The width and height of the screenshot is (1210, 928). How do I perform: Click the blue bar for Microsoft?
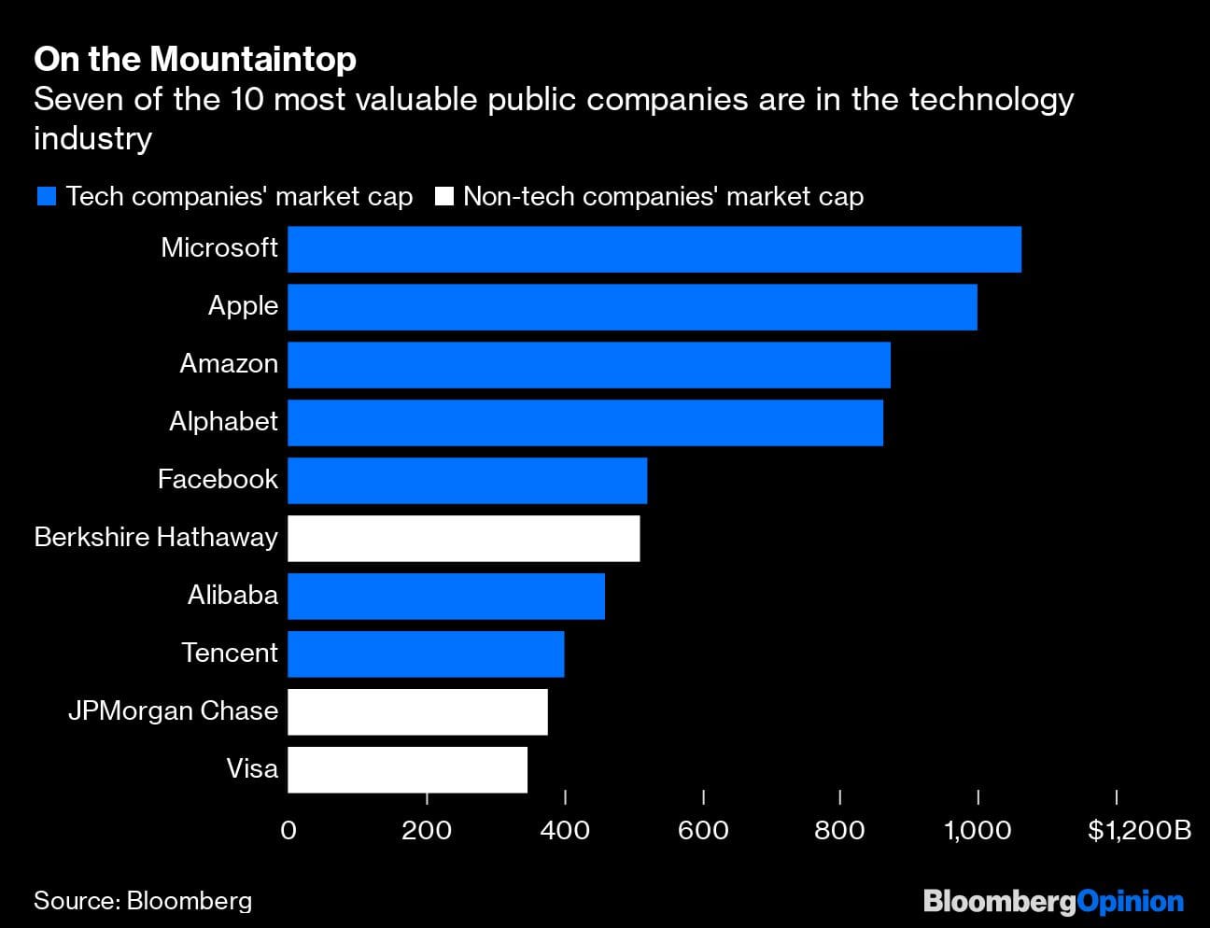pyautogui.click(x=654, y=249)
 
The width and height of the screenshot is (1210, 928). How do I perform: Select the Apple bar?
pyautogui.click(x=632, y=307)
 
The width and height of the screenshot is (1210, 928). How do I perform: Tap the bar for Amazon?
pyautogui.click(x=588, y=365)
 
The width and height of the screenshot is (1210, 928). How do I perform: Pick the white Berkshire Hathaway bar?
pyautogui.click(x=463, y=539)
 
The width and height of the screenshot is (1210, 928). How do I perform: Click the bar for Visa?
pyautogui.click(x=407, y=770)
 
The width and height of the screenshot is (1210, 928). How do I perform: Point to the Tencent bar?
pyautogui.click(x=426, y=654)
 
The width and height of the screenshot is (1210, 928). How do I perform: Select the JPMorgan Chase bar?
pyautogui.click(x=417, y=712)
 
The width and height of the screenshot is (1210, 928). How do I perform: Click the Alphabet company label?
pyautogui.click(x=223, y=422)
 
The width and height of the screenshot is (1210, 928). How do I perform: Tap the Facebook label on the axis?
pyautogui.click(x=218, y=480)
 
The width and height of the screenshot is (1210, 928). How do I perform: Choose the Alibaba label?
pyautogui.click(x=232, y=596)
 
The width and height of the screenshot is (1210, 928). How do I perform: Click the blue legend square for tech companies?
pyautogui.click(x=47, y=197)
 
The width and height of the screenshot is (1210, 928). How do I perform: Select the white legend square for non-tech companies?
pyautogui.click(x=444, y=197)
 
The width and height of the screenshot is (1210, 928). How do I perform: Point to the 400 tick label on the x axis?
pyautogui.click(x=565, y=830)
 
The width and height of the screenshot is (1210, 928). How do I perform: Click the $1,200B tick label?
pyautogui.click(x=1139, y=830)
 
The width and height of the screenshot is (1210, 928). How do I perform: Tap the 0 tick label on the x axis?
pyautogui.click(x=288, y=830)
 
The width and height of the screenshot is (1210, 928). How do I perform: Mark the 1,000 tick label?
pyautogui.click(x=978, y=830)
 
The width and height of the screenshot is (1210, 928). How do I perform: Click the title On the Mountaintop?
pyautogui.click(x=195, y=60)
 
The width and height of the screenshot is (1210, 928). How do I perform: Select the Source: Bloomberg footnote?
pyautogui.click(x=143, y=901)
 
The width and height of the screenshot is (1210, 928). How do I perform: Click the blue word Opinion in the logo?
pyautogui.click(x=1130, y=902)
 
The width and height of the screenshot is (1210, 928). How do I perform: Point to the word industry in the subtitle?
pyautogui.click(x=92, y=139)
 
